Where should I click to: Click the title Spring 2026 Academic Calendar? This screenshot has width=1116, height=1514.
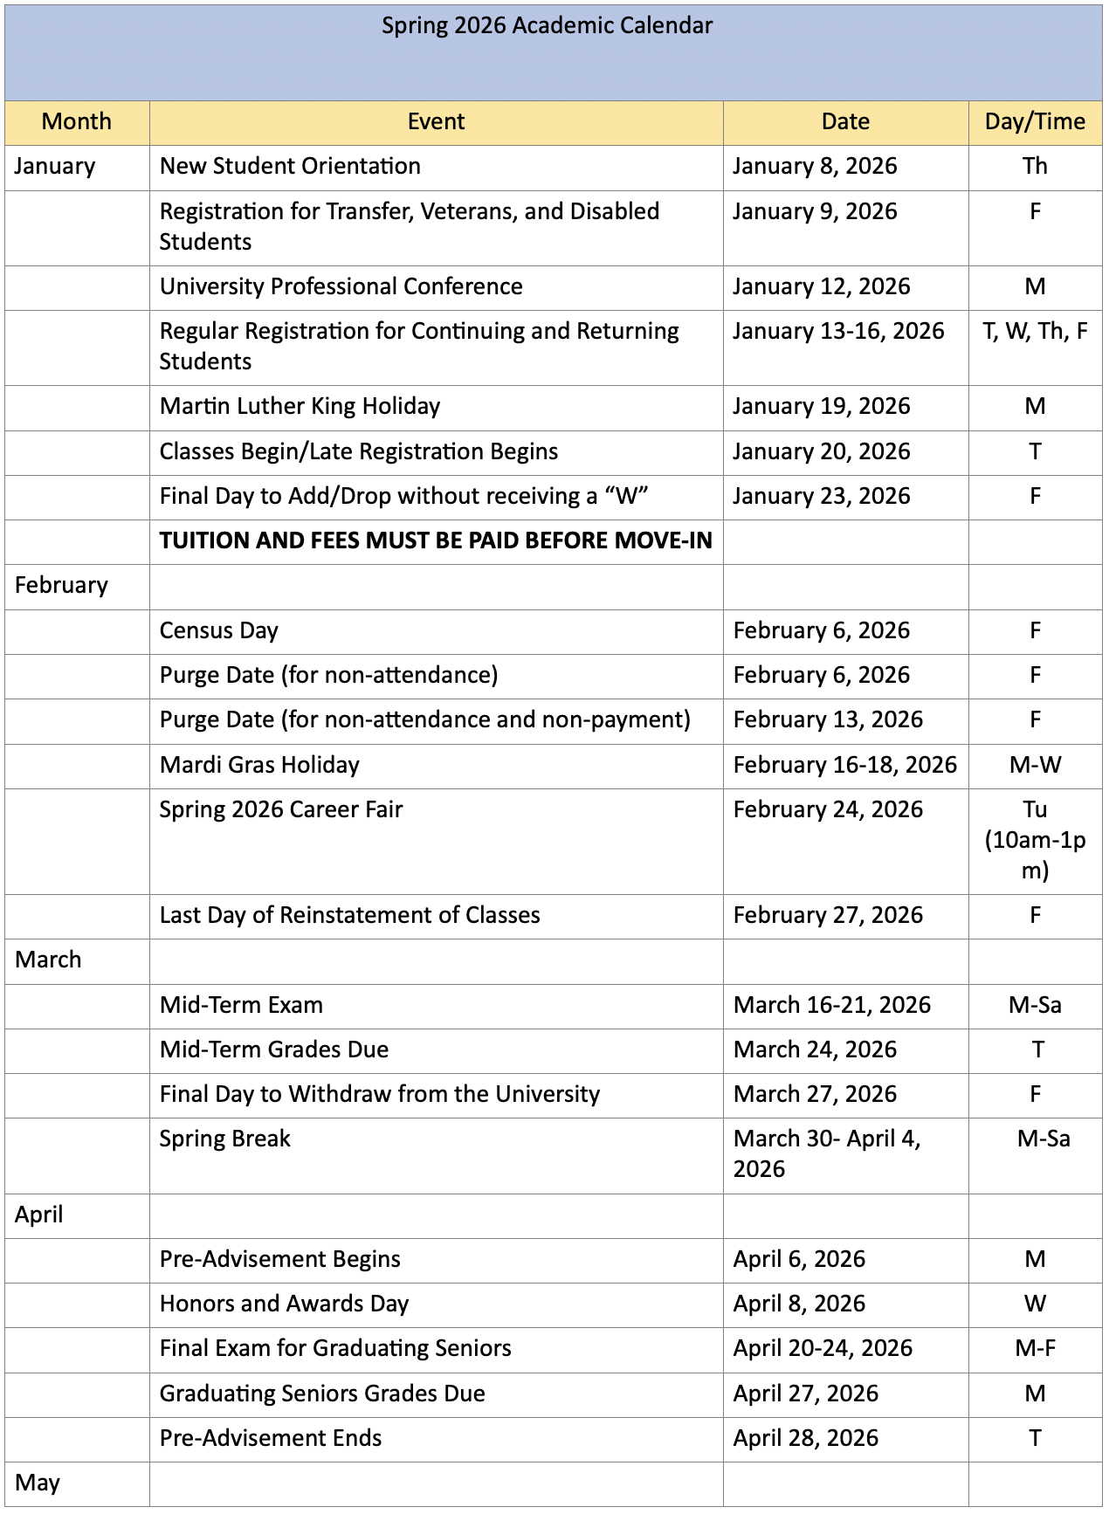coord(547,26)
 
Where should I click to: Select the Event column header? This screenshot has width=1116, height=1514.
coord(436,122)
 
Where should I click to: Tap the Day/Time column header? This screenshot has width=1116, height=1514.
coord(1035,122)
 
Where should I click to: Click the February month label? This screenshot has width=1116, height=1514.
coord(61,586)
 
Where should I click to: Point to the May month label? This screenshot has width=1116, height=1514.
coord(38,1483)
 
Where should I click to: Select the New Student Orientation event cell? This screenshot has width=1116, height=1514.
coord(290,167)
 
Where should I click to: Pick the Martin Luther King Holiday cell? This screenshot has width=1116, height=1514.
coord(300,407)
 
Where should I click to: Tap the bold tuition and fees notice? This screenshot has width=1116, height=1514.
coord(435,541)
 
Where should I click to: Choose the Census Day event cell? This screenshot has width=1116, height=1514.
coord(218,631)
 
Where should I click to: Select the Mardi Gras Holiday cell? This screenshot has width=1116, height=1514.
coord(259,766)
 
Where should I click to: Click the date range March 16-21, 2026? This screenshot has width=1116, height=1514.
coord(831,1006)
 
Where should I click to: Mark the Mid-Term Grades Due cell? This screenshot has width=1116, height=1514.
coord(274,1050)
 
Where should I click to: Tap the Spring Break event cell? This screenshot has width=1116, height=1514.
coord(224,1139)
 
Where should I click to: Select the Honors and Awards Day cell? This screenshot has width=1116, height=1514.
coord(284,1304)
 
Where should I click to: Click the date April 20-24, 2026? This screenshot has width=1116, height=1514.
coord(823,1349)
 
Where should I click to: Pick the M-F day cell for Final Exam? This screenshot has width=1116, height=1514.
coord(1035,1349)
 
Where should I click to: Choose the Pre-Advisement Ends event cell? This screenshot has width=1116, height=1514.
coord(271,1439)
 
